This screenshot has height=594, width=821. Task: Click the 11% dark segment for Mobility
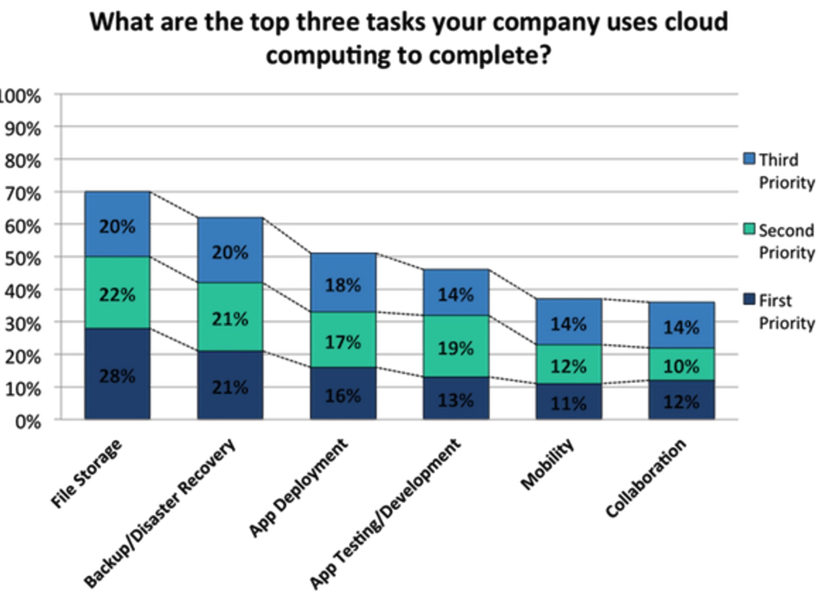coord(569,402)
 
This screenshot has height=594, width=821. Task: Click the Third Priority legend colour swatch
coord(749,158)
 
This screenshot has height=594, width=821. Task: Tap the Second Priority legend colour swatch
coord(749,229)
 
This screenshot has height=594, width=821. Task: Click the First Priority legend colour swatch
coord(749,299)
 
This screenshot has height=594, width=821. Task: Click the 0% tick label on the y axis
coord(27,421)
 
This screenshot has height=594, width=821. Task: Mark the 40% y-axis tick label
coord(23,291)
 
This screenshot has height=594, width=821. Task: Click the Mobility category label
coord(548,465)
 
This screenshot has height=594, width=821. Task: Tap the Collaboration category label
coord(646,478)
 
